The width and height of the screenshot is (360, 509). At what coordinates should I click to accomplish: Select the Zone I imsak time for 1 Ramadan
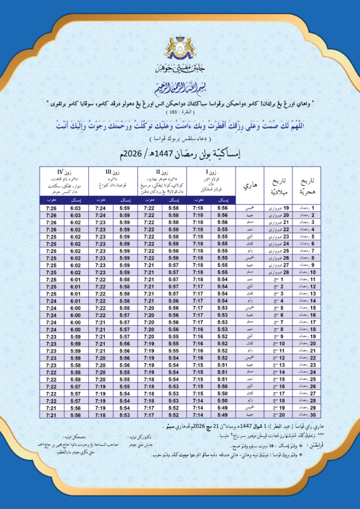[223, 209]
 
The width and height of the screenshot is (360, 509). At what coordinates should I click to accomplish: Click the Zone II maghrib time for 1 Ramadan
[149, 209]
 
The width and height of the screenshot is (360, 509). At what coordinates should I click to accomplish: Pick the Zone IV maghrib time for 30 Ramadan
[51, 416]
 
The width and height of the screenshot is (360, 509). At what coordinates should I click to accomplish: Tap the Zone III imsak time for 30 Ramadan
[125, 416]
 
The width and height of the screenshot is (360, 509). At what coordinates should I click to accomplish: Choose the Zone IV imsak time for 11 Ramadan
[76, 280]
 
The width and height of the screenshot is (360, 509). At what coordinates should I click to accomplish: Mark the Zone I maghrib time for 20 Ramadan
[198, 344]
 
